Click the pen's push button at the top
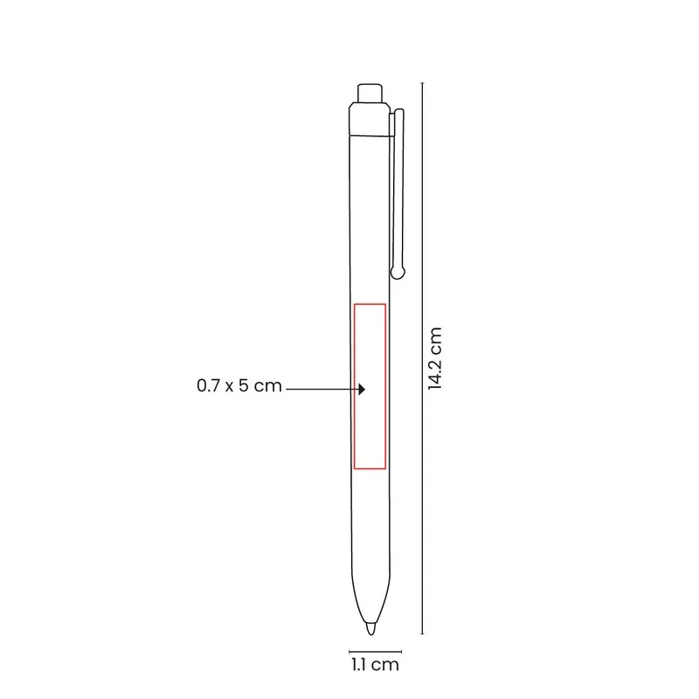(x=370, y=93)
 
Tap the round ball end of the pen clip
(x=398, y=272)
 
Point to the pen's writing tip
(x=370, y=628)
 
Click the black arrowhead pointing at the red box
(x=362, y=389)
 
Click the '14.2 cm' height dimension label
(x=434, y=358)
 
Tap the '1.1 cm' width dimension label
(x=375, y=665)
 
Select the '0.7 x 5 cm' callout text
(x=239, y=385)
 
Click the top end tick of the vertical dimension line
(x=422, y=83)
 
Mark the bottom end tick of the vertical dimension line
(x=422, y=633)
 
